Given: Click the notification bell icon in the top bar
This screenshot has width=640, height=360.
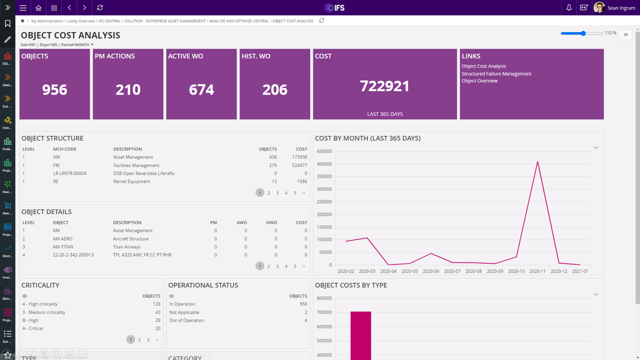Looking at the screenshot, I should (569, 7).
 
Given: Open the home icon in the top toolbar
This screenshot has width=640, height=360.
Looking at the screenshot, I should (38, 7).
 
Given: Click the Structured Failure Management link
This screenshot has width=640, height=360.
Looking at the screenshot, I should (496, 73).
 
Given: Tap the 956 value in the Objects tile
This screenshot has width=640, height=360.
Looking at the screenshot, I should (54, 89).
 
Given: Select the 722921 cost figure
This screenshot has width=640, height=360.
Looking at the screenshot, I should (384, 86).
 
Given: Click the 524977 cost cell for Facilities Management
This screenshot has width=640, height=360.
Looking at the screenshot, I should (299, 165).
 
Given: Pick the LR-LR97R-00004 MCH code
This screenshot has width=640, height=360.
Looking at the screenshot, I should (69, 173).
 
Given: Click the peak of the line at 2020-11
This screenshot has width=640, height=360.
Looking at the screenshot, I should (537, 161).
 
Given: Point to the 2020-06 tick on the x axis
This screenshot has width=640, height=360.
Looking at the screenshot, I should (430, 271).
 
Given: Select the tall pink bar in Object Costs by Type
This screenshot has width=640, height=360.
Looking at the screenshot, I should (360, 335).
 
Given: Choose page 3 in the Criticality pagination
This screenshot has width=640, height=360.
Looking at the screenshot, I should (148, 340).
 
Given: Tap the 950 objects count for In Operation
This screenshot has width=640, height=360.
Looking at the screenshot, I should (303, 304).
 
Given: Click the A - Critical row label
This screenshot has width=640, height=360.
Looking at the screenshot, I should (32, 328).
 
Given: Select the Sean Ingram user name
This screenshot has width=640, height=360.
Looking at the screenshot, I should (621, 7).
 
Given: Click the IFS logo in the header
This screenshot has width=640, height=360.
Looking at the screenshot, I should (334, 7).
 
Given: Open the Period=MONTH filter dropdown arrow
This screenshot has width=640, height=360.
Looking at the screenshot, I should (92, 45).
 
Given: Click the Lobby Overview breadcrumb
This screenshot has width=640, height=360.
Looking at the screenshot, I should (81, 21).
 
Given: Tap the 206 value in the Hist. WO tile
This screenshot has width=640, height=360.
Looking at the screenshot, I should (275, 89).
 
